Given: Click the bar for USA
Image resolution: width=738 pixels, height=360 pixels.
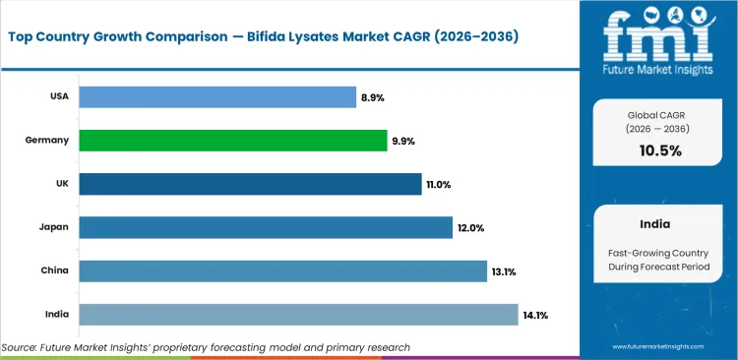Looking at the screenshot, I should pos(216,96).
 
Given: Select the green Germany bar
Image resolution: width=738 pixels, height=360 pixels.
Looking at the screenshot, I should pos(232,141).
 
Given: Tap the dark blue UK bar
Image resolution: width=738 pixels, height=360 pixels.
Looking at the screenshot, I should pos(250,184).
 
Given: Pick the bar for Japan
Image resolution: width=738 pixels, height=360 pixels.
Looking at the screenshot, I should pos(265,227).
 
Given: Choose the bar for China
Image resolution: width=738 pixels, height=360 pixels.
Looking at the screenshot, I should pos(282,270).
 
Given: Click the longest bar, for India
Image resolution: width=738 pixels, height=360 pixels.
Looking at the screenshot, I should pos(297,314).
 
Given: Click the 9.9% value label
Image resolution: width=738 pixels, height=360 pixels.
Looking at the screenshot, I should pos(403,141).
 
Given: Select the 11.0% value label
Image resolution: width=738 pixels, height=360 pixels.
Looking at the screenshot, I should pos(439,184).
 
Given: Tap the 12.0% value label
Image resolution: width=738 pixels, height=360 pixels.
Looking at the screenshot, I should pos(469,228).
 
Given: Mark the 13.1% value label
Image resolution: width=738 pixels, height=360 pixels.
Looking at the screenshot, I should pos(504,271).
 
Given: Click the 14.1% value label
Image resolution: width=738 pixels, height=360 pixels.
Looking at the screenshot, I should pos(535,315).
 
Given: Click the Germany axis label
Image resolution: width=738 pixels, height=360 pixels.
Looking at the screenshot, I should pos(47,141).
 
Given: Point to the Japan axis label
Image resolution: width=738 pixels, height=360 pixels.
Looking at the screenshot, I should pos(54,227).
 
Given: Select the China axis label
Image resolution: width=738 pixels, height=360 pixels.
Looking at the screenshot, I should pos(54,270).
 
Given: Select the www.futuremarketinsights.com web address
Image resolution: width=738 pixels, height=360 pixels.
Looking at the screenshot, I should pos(661,347).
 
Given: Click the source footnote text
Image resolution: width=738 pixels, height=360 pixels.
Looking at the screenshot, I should pos(206,347).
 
